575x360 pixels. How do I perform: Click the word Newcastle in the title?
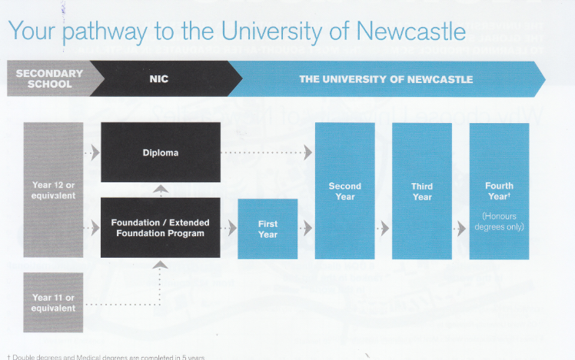click(411, 32)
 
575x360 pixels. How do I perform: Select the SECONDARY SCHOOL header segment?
click(49, 79)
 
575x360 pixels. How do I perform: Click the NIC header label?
click(158, 79)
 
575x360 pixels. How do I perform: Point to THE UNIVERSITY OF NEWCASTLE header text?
click(386, 79)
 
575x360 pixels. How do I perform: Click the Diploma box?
click(161, 152)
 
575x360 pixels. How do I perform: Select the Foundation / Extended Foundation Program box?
click(161, 228)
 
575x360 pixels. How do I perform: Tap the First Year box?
click(268, 228)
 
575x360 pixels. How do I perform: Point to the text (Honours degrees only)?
click(499, 222)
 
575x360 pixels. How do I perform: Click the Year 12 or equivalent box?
click(53, 190)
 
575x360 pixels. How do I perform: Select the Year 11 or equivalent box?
click(53, 302)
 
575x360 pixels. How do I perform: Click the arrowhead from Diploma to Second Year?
click(307, 152)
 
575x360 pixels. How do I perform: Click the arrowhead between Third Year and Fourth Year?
click(461, 228)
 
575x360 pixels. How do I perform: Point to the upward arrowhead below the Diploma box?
click(161, 188)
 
